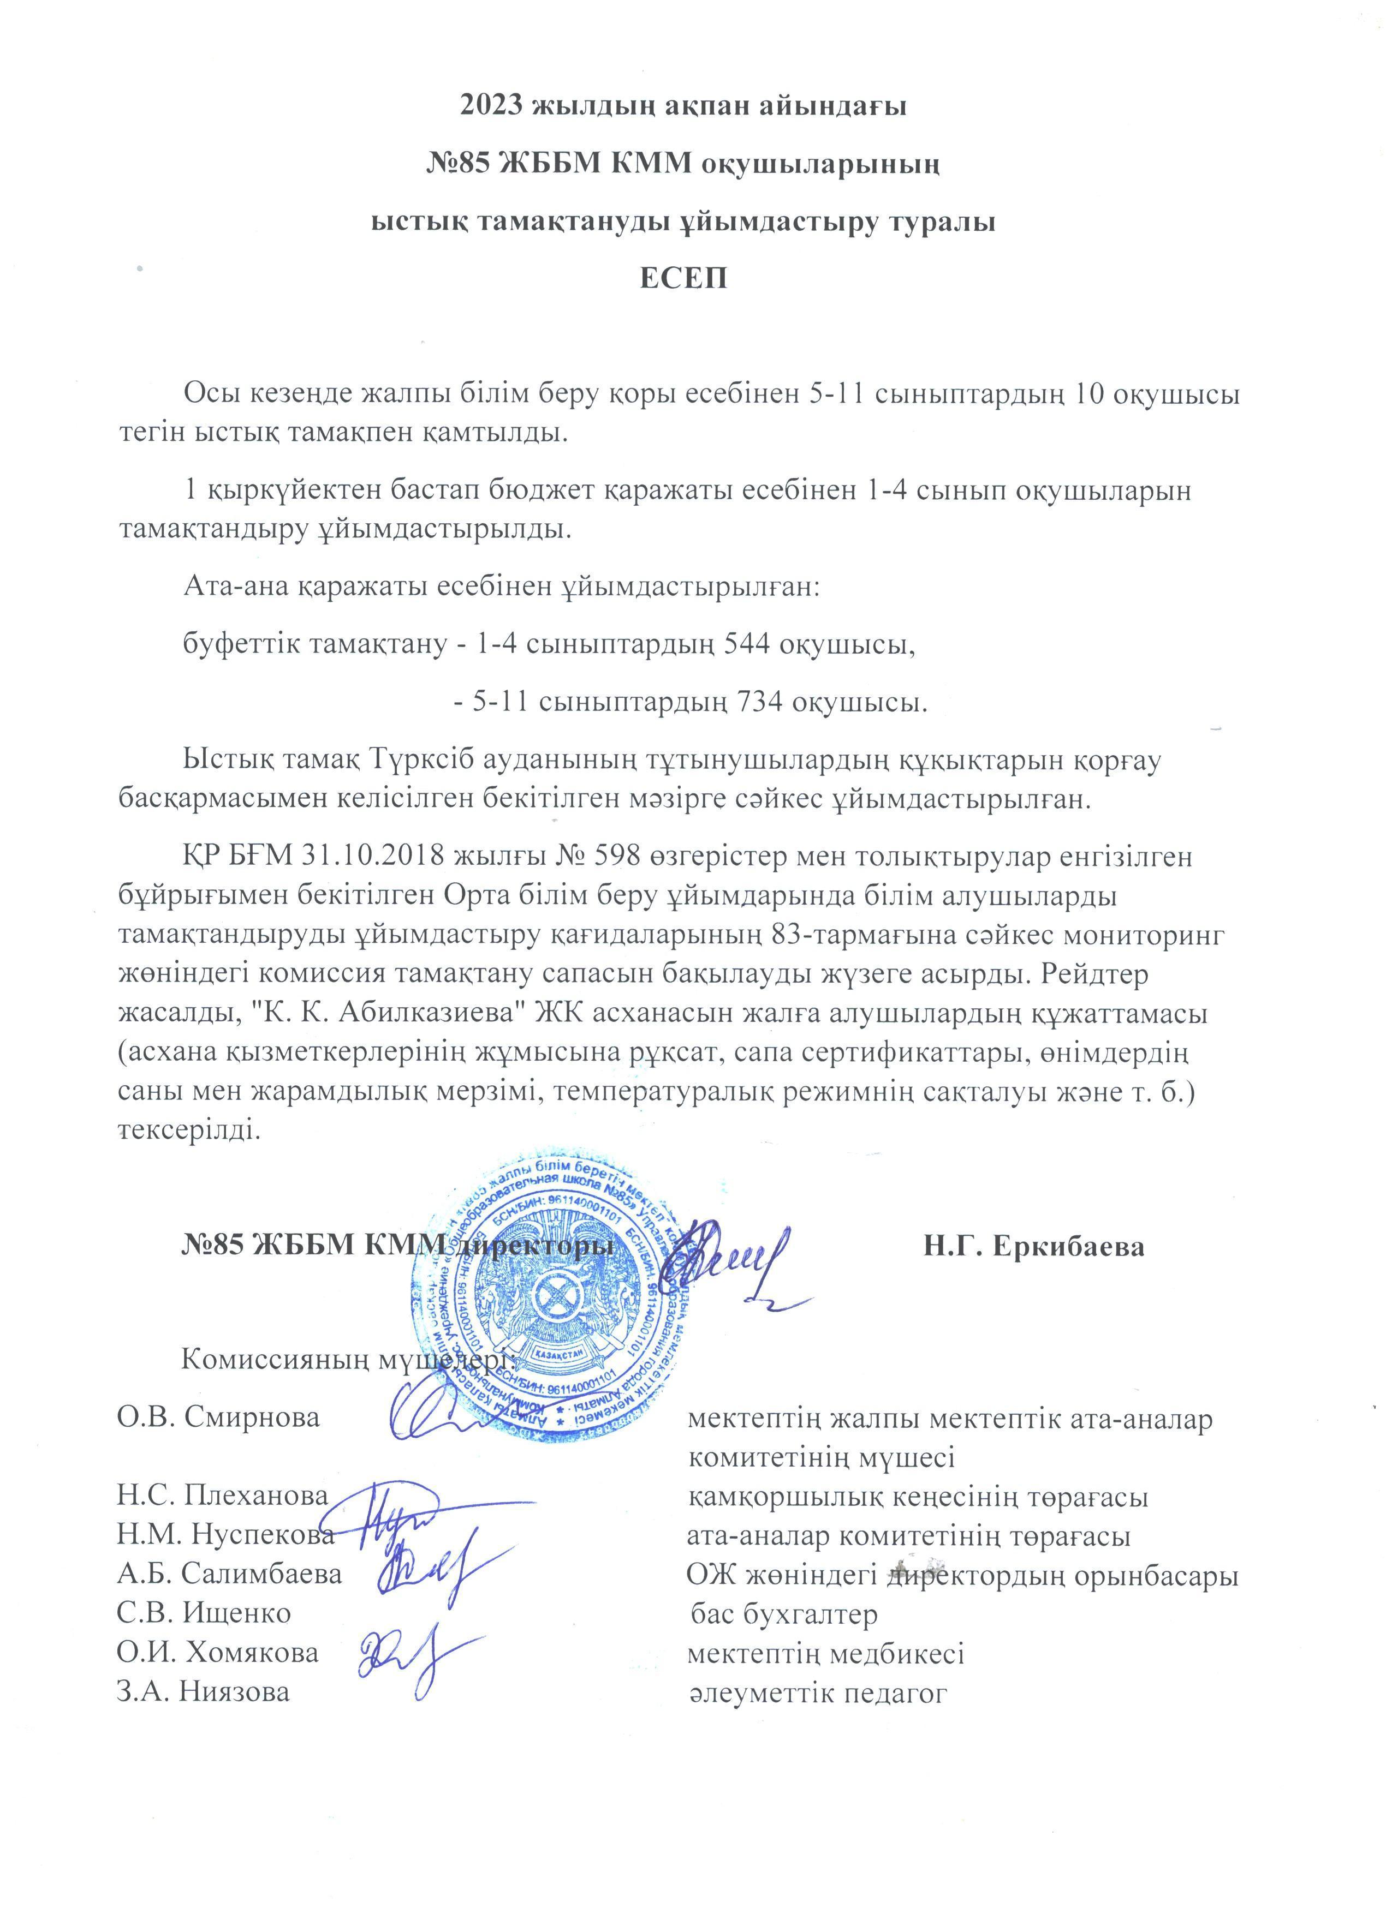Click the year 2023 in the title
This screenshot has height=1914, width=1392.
click(495, 106)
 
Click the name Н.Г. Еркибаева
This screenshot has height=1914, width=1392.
click(1033, 1247)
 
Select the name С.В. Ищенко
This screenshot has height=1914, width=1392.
click(204, 1613)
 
